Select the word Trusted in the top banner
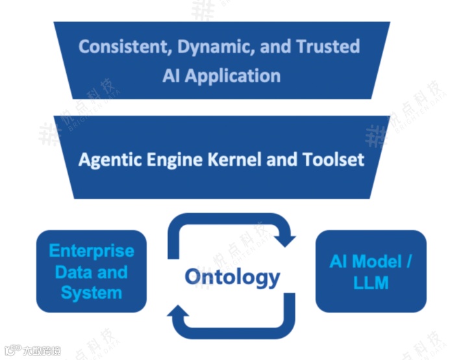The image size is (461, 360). [328, 47]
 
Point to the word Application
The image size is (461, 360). [232, 75]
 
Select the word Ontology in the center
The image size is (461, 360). [232, 277]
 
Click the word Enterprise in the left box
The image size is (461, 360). [92, 251]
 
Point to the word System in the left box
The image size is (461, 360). [92, 293]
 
